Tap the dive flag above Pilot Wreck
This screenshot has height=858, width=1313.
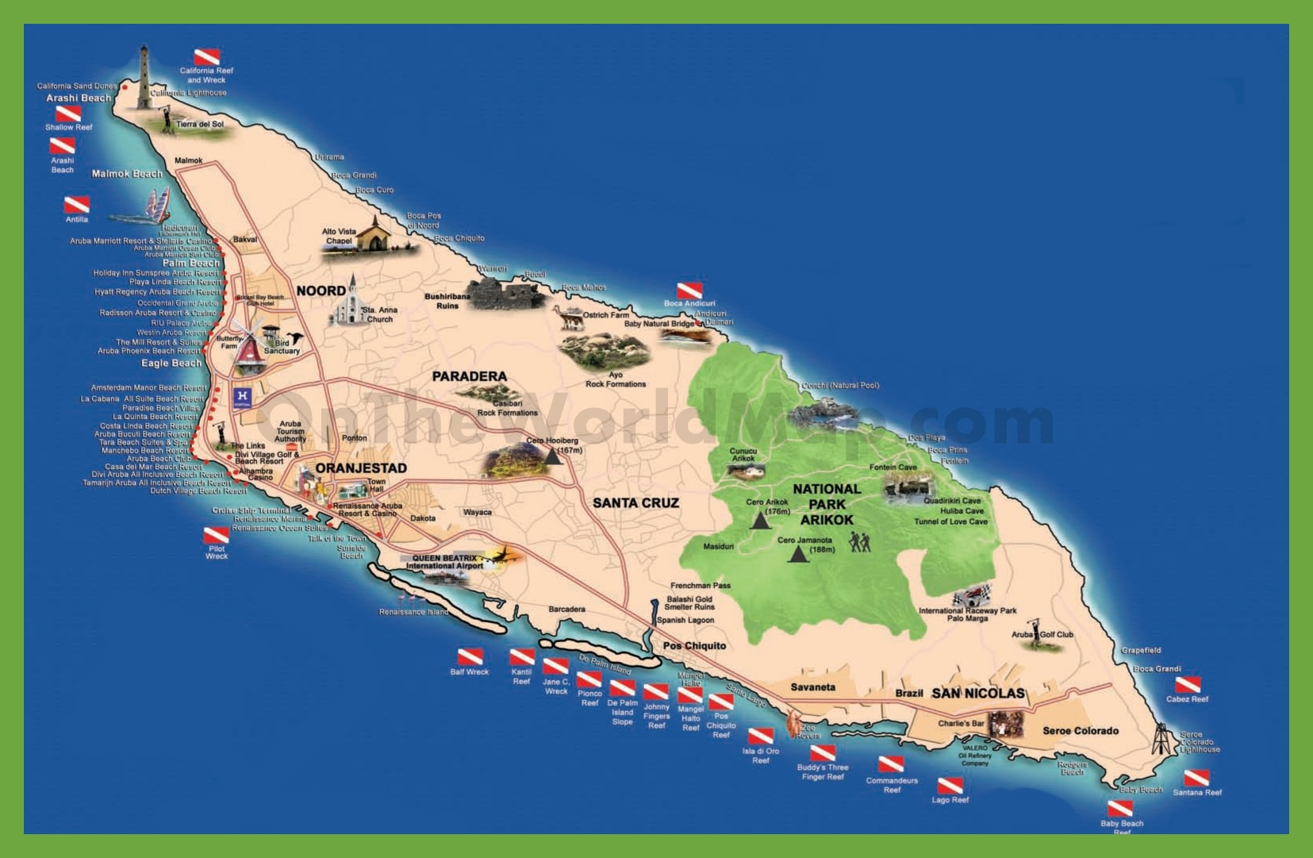(216, 535)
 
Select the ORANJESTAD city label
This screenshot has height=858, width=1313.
(361, 468)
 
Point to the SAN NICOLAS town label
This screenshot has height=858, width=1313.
(977, 693)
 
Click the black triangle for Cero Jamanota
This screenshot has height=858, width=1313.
(797, 554)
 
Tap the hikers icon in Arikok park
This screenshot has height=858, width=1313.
(860, 542)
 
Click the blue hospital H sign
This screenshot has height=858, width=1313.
(243, 397)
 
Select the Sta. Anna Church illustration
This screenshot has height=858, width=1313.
(347, 304)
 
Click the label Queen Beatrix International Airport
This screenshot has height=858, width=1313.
(444, 562)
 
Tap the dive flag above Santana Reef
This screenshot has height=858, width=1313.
(1196, 779)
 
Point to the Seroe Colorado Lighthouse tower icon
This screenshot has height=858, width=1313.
(1162, 738)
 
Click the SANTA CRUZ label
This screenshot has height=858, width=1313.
(635, 502)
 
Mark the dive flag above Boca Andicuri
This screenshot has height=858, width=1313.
(689, 290)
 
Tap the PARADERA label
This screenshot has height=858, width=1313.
(469, 376)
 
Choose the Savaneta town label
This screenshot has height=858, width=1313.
(812, 687)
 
